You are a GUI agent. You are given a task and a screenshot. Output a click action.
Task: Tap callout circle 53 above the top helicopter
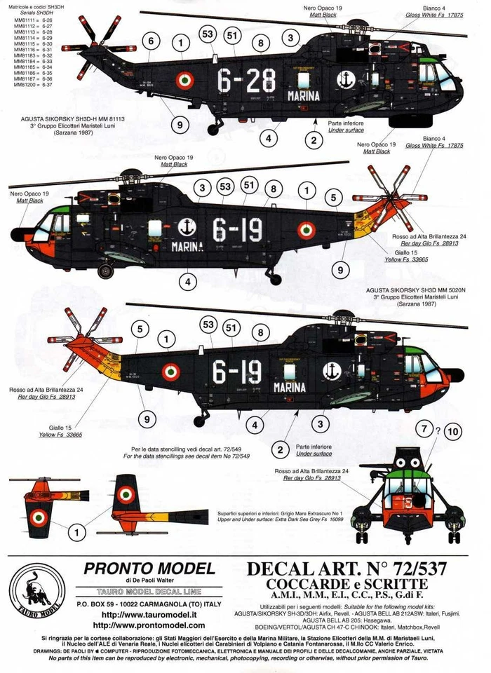(x=207, y=33)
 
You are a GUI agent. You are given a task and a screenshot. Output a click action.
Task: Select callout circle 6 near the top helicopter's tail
(x=149, y=42)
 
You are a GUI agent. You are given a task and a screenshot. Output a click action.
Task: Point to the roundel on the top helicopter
(x=183, y=81)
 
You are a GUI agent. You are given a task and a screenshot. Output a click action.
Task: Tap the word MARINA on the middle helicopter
(x=187, y=246)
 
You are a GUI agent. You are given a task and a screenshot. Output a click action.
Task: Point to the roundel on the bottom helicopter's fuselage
(x=170, y=372)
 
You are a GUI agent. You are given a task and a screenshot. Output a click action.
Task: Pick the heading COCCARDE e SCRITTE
(x=347, y=584)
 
